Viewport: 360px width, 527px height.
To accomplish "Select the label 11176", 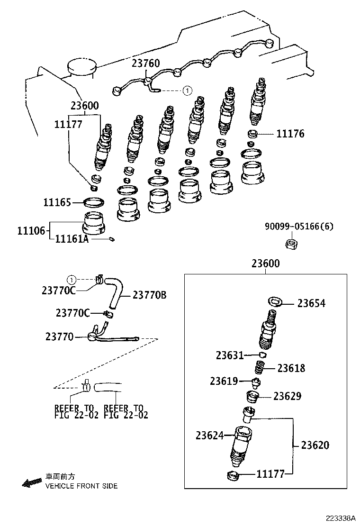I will [290, 134].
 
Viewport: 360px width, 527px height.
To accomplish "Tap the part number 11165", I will [57, 203].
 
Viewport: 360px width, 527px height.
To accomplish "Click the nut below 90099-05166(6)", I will [290, 244].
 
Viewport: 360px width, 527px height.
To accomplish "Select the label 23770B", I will [149, 295].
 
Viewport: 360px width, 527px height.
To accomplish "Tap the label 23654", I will [311, 304].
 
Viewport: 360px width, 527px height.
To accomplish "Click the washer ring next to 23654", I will [275, 302].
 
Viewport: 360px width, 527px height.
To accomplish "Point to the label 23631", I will [230, 355].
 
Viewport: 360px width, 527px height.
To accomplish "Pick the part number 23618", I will [291, 368].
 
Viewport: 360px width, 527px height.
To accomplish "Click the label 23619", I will [224, 381].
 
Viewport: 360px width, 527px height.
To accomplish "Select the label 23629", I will [287, 396].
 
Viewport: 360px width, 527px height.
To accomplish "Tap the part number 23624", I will [209, 435].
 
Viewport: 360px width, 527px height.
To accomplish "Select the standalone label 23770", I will [59, 337].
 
